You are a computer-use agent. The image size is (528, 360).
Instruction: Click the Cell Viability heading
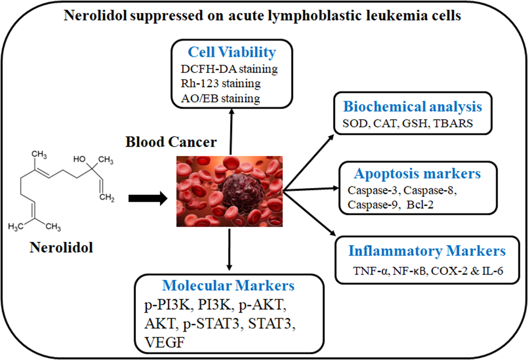coord(232,52)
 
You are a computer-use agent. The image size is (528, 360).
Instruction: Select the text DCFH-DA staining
coord(229,69)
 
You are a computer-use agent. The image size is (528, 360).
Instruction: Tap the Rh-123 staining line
coord(221,84)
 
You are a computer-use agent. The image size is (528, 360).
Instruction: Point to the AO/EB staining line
coord(220,98)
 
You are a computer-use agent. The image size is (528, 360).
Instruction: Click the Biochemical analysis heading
coord(413,107)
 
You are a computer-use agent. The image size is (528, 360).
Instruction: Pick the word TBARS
coord(453,124)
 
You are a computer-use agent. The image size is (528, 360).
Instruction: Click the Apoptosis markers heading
coord(417,173)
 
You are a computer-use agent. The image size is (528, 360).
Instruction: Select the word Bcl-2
coord(420,205)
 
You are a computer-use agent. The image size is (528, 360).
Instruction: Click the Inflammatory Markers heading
coord(427,251)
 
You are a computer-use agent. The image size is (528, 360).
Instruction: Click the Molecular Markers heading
coord(228,286)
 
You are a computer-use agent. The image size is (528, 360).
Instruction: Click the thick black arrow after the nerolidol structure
coord(148,198)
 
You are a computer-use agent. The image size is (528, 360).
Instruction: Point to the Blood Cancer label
coord(171,142)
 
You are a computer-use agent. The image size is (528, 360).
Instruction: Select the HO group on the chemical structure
coord(79,159)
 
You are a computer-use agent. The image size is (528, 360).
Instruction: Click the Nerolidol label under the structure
coord(61,248)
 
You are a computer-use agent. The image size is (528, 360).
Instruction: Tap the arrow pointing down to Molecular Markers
coord(229,249)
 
